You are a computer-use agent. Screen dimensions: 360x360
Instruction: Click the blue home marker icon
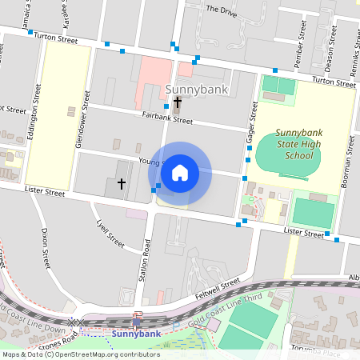pyautogui.click(x=180, y=172)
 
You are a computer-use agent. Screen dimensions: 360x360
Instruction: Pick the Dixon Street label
pyautogui.click(x=46, y=245)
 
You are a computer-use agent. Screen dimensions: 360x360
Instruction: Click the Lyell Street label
pyautogui.click(x=110, y=233)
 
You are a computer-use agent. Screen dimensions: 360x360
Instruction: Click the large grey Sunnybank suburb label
pyautogui.click(x=197, y=89)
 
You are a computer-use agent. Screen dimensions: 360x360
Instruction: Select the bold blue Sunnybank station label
pyautogui.click(x=131, y=333)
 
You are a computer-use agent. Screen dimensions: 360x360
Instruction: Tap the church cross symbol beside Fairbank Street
pyautogui.click(x=177, y=102)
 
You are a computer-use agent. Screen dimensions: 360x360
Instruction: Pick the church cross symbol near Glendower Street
pyautogui.click(x=122, y=184)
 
